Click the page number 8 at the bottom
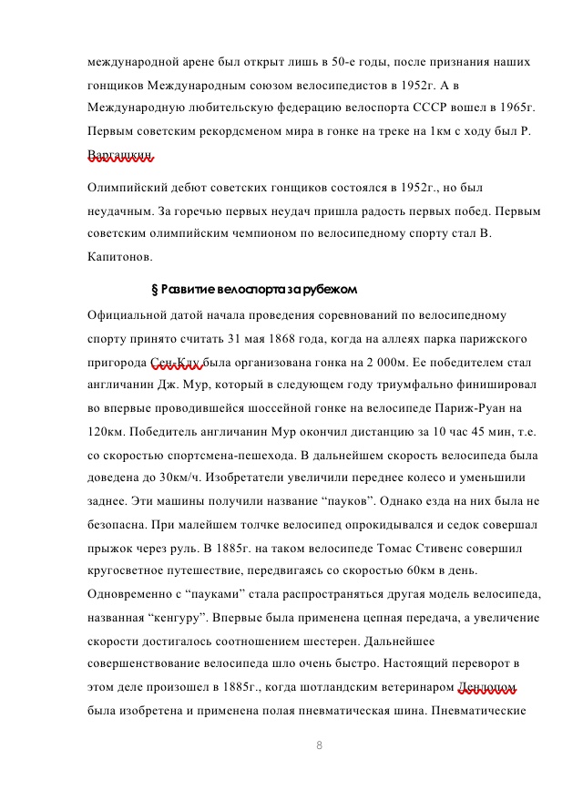[x=320, y=745]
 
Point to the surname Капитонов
[x=119, y=257]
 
